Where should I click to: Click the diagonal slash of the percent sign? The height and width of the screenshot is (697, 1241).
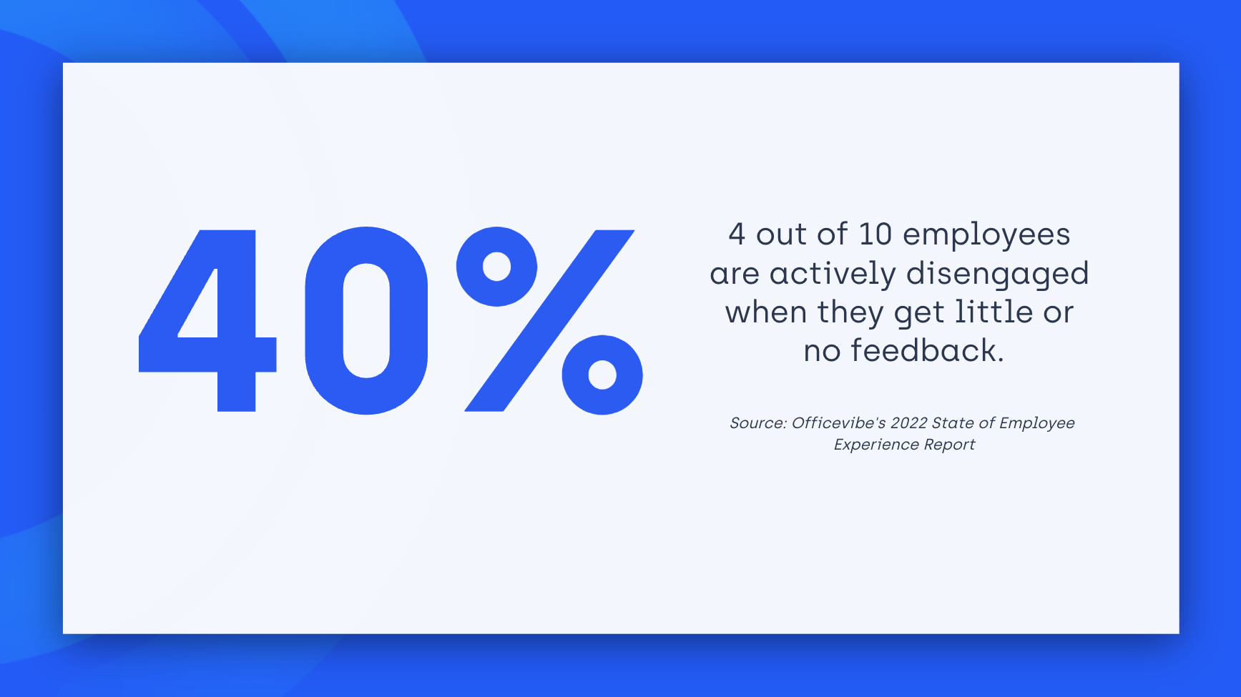click(x=549, y=320)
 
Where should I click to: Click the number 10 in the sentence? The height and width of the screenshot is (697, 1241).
click(x=875, y=234)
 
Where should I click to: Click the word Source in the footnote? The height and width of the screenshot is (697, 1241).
click(x=757, y=423)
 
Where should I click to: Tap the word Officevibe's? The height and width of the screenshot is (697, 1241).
click(x=838, y=423)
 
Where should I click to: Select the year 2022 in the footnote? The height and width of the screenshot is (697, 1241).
click(x=908, y=423)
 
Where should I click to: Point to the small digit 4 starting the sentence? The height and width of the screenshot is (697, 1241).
click(x=737, y=234)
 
